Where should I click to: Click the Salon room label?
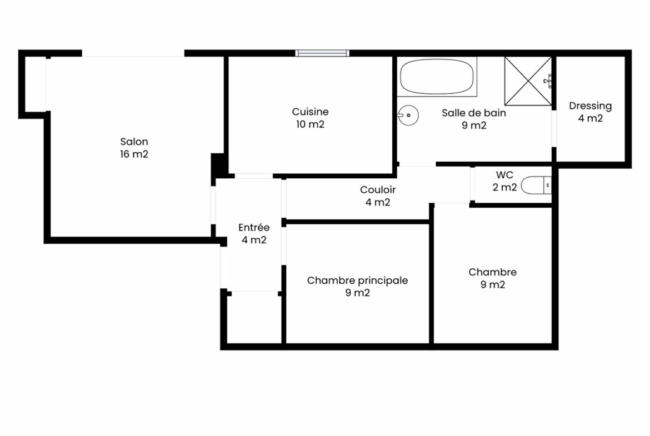(134, 142)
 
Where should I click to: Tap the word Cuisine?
(310, 112)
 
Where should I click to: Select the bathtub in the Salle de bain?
(437, 77)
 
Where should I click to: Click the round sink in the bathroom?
(408, 115)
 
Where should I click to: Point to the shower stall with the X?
(528, 81)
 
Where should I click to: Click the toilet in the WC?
(536, 186)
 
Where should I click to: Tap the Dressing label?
(591, 106)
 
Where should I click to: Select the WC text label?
(504, 175)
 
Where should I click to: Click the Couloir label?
(378, 190)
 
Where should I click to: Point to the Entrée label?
(254, 227)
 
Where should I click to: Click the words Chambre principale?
(357, 280)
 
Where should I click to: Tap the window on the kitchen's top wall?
(322, 53)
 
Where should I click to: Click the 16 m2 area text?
(134, 154)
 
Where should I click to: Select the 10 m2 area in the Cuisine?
(310, 124)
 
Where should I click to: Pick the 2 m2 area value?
(504, 187)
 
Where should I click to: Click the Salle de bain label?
(474, 113)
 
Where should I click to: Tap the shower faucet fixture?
(548, 81)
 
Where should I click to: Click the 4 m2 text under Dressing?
(591, 118)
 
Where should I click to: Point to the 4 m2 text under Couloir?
(378, 202)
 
